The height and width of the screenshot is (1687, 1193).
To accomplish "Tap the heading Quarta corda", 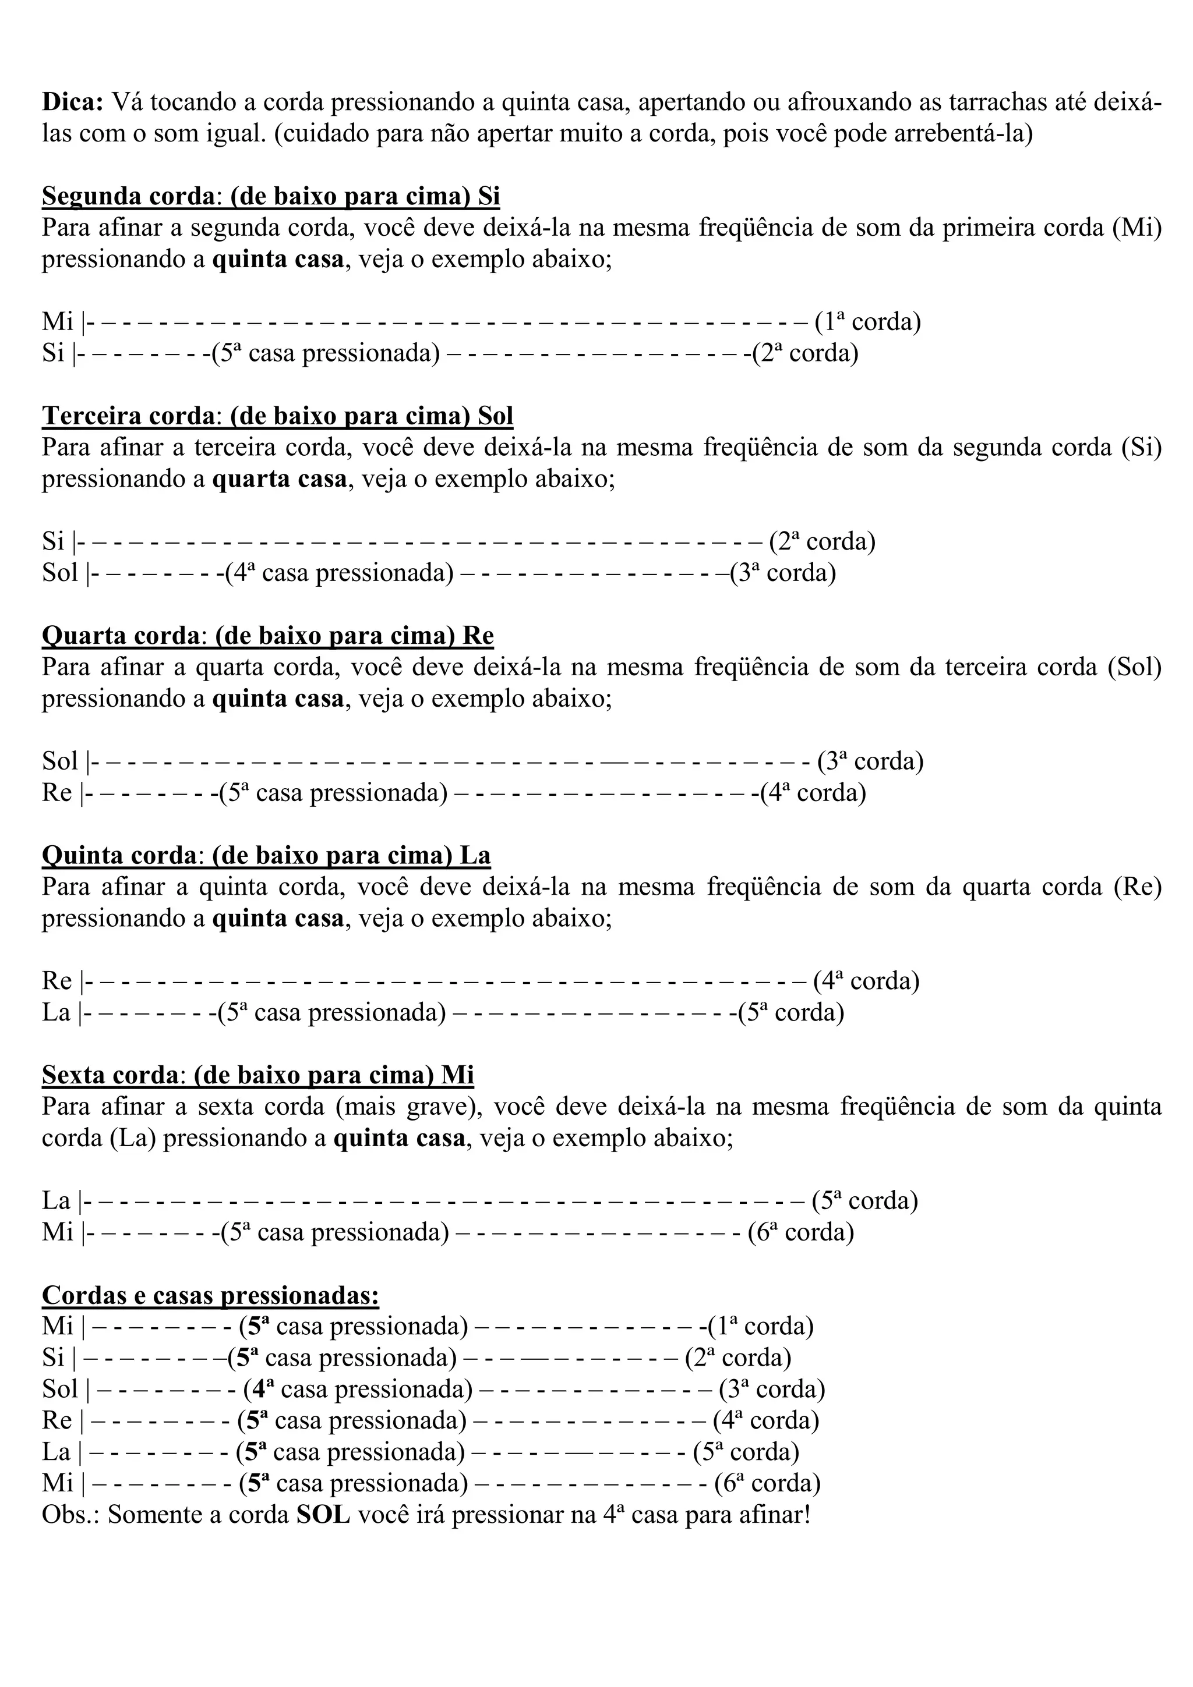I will (121, 636).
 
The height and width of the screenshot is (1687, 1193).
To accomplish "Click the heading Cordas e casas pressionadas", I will (210, 1295).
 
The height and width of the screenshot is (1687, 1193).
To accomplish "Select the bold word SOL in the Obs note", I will (323, 1515).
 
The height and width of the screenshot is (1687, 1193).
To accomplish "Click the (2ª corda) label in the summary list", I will (737, 1358).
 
